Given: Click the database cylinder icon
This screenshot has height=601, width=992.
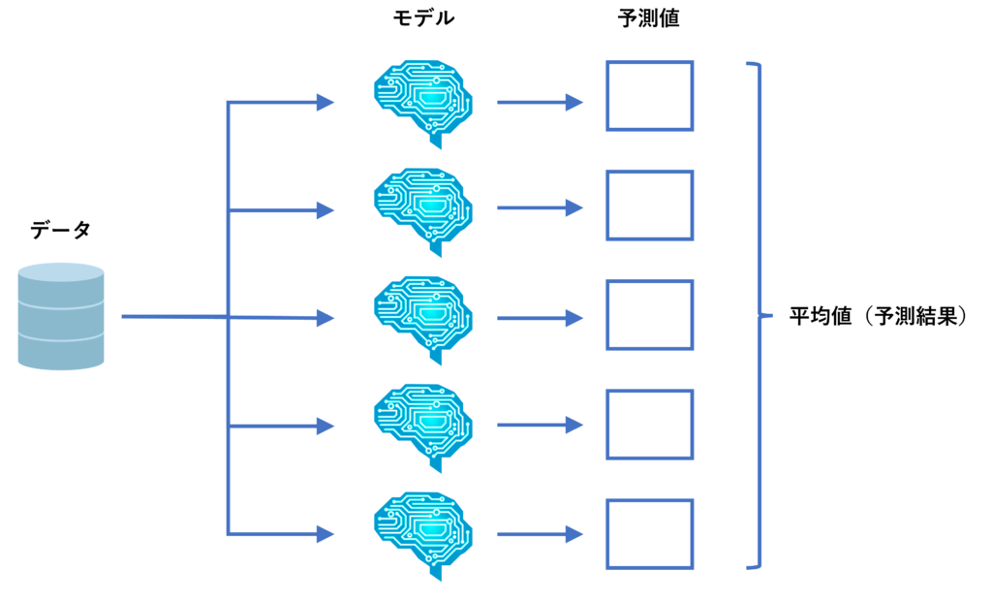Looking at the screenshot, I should tap(60, 317).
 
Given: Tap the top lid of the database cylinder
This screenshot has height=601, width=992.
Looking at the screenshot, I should tap(60, 271).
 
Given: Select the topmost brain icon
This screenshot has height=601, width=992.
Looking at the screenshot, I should tap(423, 101).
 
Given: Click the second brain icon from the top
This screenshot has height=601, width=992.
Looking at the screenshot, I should tap(423, 209).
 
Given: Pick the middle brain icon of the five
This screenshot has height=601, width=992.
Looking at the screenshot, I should tap(423, 318).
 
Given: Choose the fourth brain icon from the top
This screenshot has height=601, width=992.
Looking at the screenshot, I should tap(423, 426).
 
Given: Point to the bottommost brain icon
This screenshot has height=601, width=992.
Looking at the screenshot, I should tap(423, 533).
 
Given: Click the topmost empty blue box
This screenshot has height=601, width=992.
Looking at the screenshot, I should tap(650, 95).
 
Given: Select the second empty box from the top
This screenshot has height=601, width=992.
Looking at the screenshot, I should tap(650, 205).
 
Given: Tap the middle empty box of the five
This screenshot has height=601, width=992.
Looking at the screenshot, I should tap(650, 314).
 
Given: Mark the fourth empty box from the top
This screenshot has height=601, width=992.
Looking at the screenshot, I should tap(650, 425).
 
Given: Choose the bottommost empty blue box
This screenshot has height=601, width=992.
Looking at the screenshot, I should tap(650, 534).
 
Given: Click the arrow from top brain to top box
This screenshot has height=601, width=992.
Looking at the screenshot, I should tap(540, 102).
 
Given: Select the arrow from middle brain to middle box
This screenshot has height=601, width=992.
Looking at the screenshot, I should tap(540, 318).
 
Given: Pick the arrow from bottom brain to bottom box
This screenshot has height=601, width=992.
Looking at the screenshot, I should tap(540, 534).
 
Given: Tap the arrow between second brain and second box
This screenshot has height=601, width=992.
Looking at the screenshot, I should tap(540, 208).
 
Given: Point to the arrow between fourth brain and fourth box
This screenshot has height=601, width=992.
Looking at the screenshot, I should tap(540, 425).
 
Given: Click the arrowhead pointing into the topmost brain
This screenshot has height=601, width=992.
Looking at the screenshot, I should tap(325, 102).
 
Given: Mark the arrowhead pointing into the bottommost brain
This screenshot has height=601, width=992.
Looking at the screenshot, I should tap(325, 534).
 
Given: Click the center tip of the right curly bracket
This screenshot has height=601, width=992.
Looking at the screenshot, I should tap(770, 316).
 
